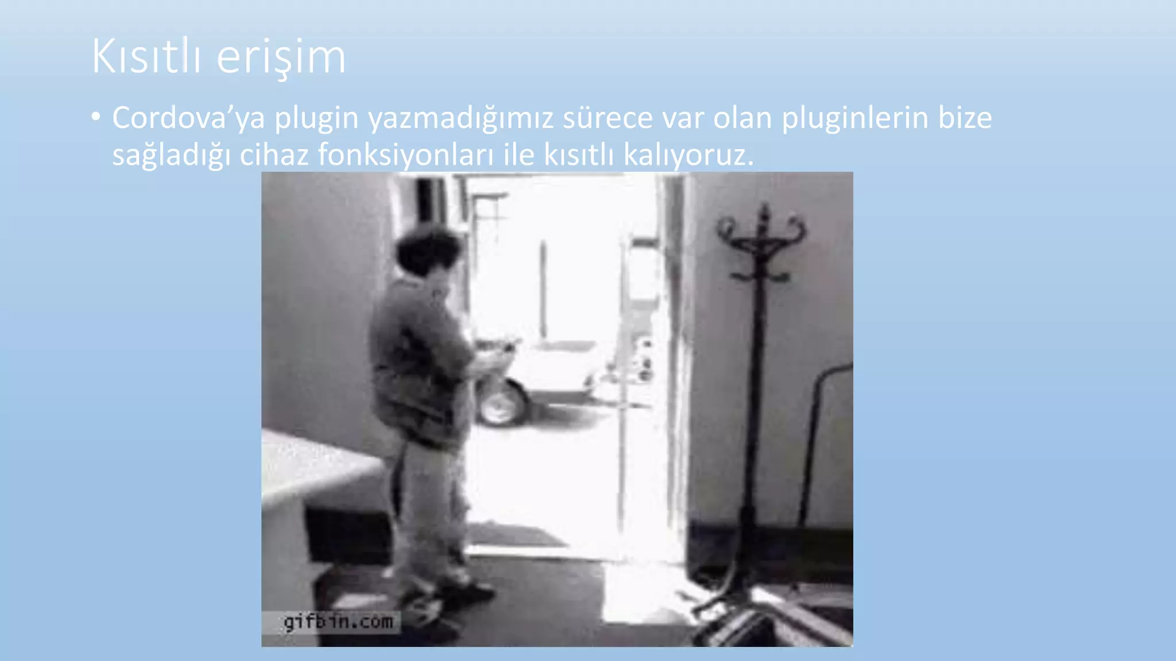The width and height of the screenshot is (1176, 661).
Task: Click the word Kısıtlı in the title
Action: (x=146, y=56)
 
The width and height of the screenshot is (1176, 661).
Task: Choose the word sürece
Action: (x=608, y=118)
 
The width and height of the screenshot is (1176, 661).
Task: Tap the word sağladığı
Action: (x=171, y=155)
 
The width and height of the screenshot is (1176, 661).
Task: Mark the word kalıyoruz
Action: (x=688, y=155)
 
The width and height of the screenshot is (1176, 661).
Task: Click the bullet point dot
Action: (x=96, y=118)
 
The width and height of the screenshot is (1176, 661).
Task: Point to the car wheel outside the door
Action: (x=501, y=402)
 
